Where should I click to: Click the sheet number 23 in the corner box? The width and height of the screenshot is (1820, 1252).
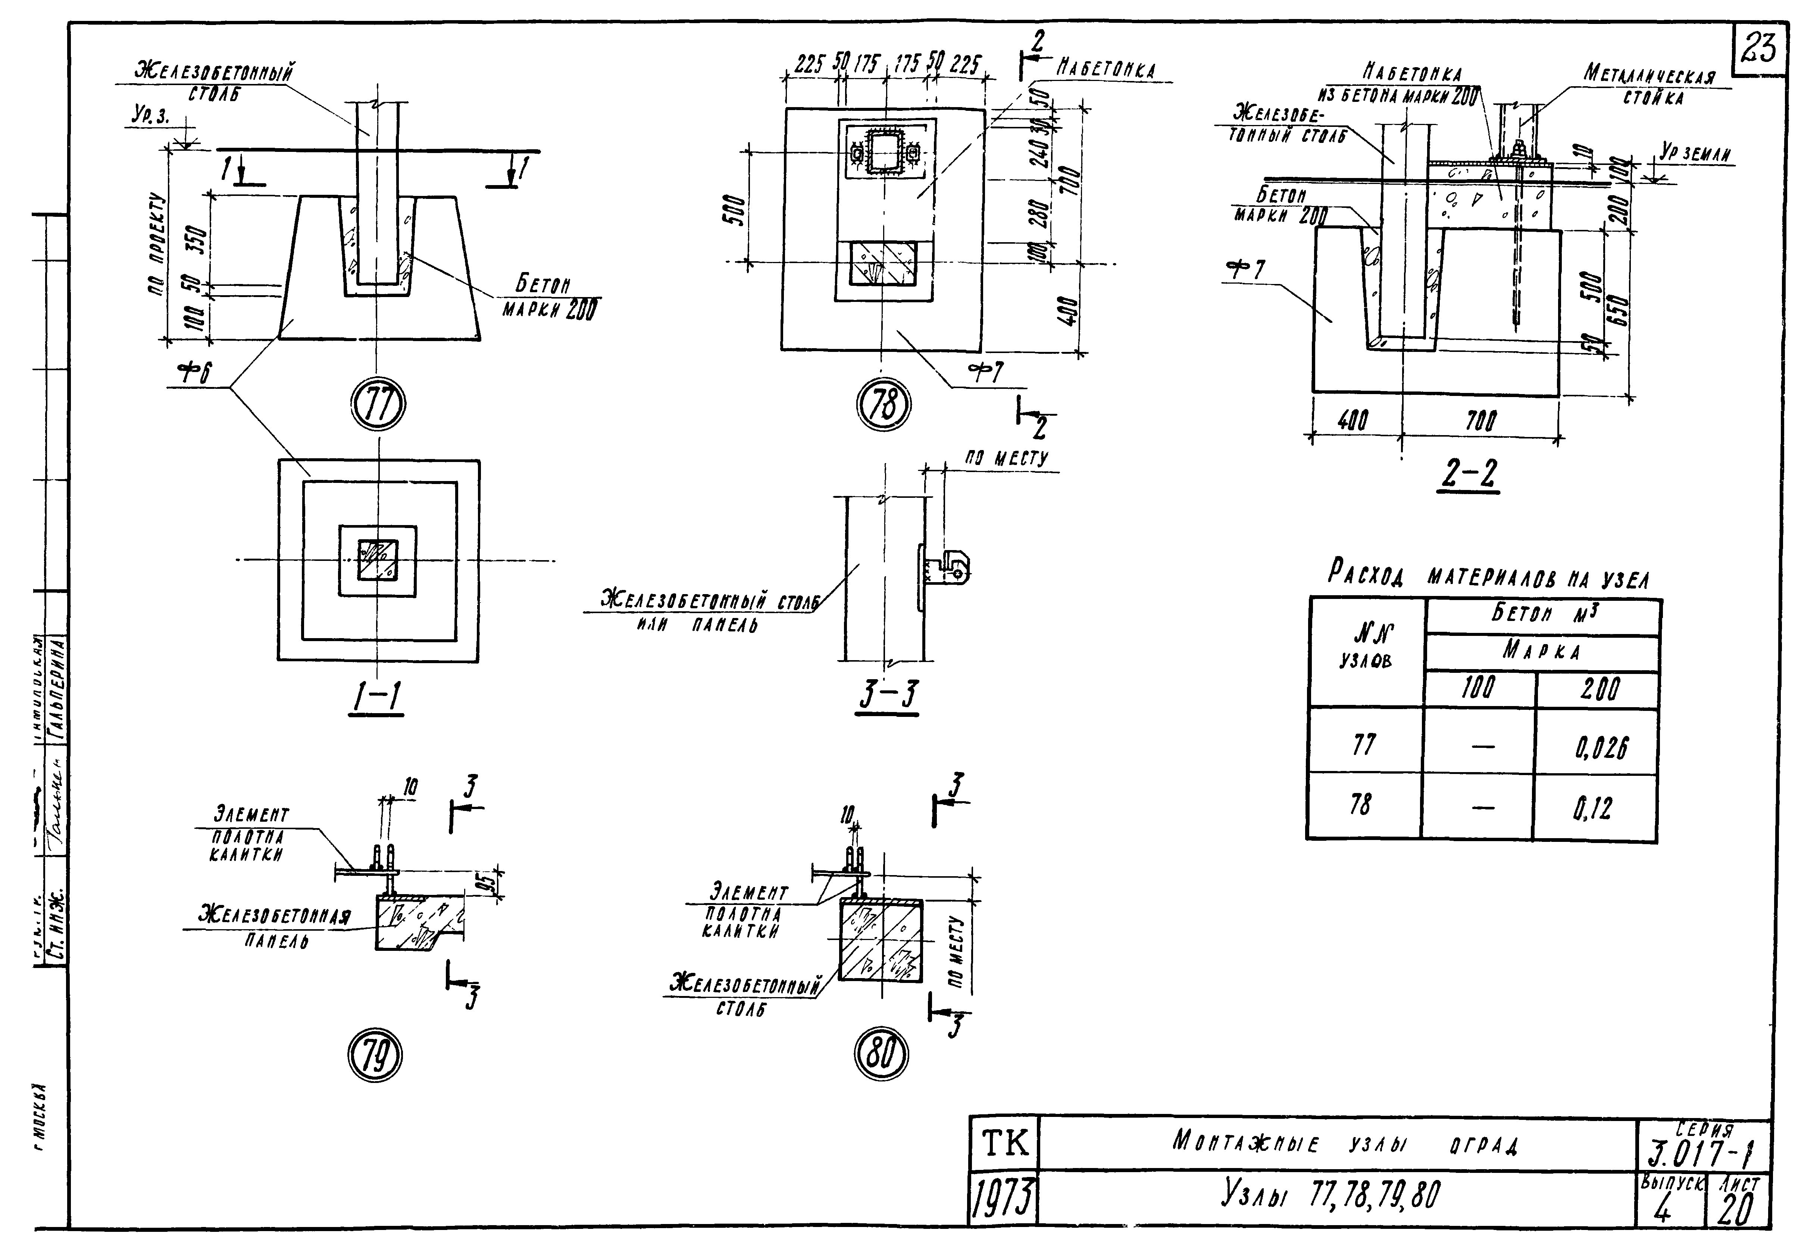click(x=1759, y=49)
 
